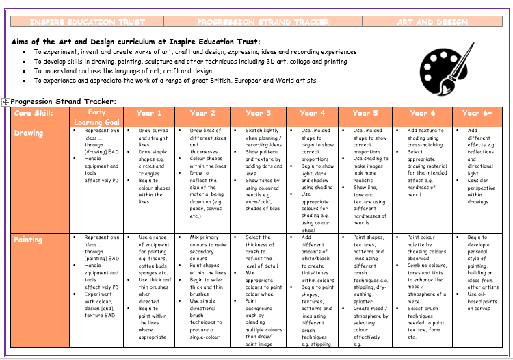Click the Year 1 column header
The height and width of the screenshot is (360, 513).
tap(149, 113)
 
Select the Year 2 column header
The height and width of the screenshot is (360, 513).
tap(202, 113)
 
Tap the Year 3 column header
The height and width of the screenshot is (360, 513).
tap(258, 113)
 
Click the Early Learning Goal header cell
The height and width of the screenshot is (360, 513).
tap(97, 117)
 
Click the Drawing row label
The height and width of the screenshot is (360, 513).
tap(29, 133)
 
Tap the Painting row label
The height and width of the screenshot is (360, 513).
tap(29, 240)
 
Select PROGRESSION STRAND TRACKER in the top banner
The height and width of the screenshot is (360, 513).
tap(263, 22)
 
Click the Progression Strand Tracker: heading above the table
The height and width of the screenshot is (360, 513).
tap(63, 101)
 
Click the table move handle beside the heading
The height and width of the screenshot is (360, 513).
tap(5, 102)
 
